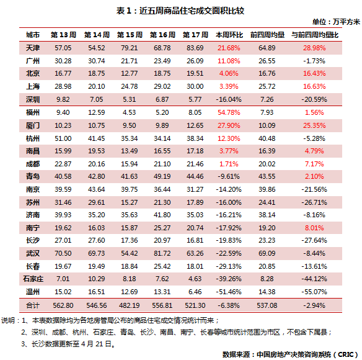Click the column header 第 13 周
[63, 35]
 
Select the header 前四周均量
[267, 35]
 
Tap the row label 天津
[33, 48]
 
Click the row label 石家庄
[33, 279]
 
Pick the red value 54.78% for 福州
[229, 112]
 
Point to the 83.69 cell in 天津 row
[195, 48]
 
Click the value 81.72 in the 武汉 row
[162, 253]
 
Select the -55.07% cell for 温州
[314, 292]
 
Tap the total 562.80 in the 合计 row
[63, 305]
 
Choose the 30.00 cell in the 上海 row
[195, 86]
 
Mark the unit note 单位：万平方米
[336, 22]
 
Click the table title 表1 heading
[180, 11]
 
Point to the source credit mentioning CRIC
[289, 354]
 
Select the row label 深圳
[33, 99]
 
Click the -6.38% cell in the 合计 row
[229, 305]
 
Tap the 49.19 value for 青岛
[162, 176]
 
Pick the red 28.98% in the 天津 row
[314, 48]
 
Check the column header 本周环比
[229, 35]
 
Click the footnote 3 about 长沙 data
[68, 344]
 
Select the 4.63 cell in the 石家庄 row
[195, 279]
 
